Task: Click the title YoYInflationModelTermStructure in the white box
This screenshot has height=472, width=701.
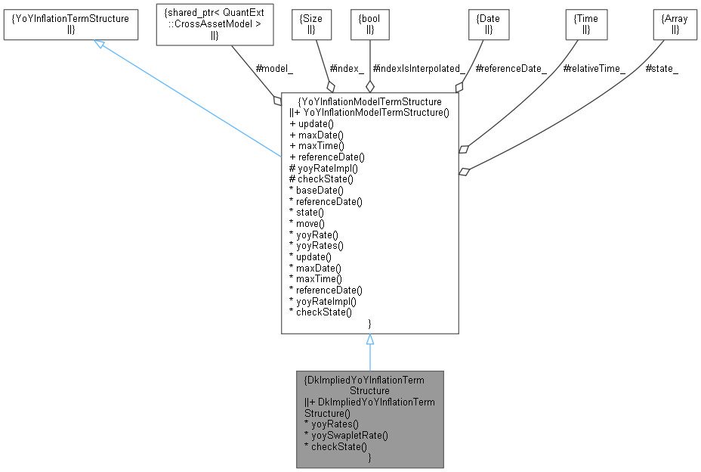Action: click(x=370, y=101)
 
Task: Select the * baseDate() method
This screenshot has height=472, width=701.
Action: click(x=316, y=191)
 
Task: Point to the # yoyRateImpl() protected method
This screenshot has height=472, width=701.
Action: click(x=323, y=168)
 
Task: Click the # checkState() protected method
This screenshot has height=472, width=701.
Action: click(x=320, y=179)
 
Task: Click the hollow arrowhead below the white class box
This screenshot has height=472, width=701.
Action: click(x=370, y=340)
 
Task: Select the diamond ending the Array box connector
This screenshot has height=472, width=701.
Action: click(x=464, y=172)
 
